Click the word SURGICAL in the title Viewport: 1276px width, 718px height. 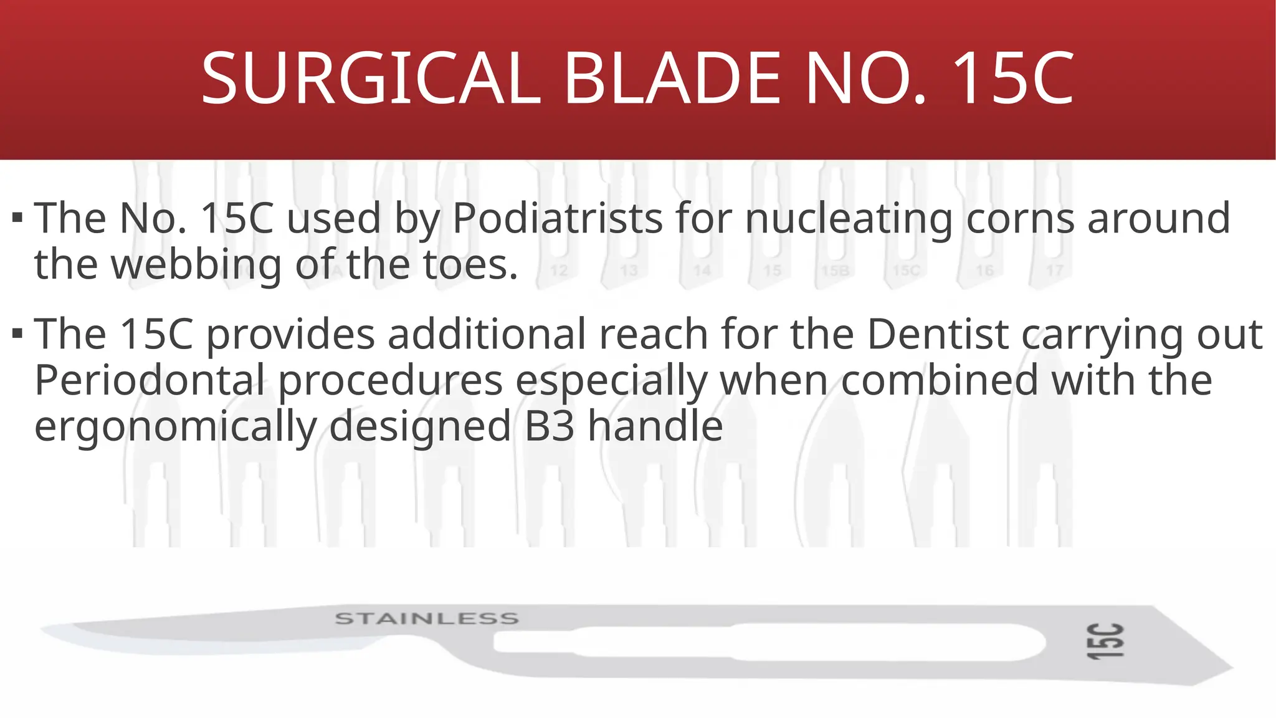pyautogui.click(x=371, y=79)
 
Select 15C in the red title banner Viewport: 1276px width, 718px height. pyautogui.click(x=1012, y=79)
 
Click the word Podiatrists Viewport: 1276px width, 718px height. pyautogui.click(x=557, y=219)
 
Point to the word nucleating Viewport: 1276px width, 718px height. pyautogui.click(x=848, y=219)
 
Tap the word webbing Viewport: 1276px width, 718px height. pyautogui.click(x=196, y=265)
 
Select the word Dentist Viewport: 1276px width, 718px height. pyautogui.click(x=938, y=335)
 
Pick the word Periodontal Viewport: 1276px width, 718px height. pyautogui.click(x=150, y=381)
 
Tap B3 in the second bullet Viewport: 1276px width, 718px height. pyautogui.click(x=550, y=427)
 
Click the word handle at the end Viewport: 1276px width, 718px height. pyautogui.click(x=655, y=427)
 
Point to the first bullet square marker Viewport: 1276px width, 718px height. pyautogui.click(x=17, y=218)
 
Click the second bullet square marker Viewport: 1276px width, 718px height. pyautogui.click(x=17, y=333)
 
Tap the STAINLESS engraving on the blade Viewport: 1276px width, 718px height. pyautogui.click(x=427, y=619)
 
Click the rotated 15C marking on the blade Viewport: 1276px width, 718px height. pyautogui.click(x=1105, y=641)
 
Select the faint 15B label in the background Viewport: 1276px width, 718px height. pyautogui.click(x=835, y=270)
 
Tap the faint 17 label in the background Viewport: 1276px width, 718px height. pyautogui.click(x=1054, y=270)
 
